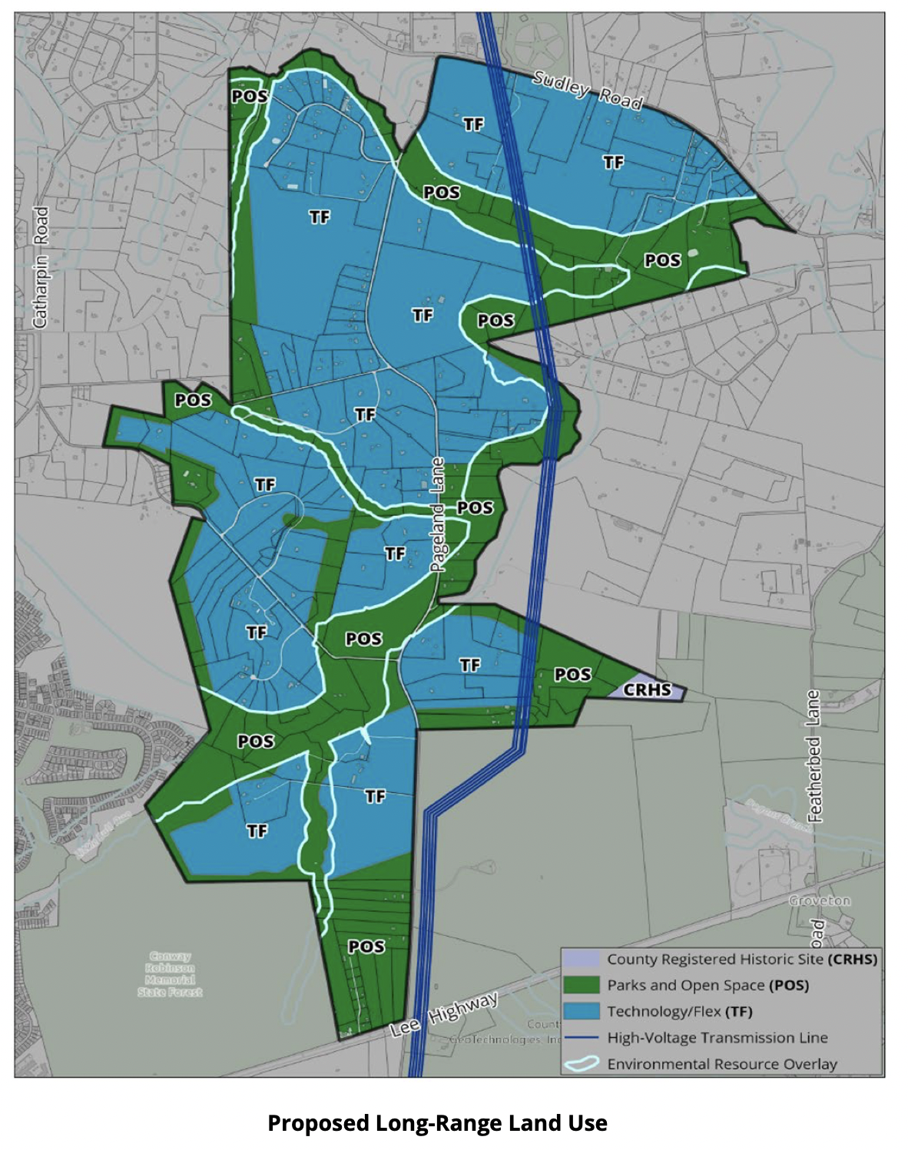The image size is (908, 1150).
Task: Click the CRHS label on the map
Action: click(x=647, y=689)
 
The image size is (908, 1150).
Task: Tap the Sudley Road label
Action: click(x=588, y=90)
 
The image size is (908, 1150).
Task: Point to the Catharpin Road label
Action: click(x=40, y=267)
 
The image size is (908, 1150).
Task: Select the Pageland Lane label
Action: click(x=437, y=514)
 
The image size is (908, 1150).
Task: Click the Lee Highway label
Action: click(x=444, y=1014)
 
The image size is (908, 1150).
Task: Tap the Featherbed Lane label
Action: click(x=814, y=756)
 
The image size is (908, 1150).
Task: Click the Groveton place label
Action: click(x=820, y=901)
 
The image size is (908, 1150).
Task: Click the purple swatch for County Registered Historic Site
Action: click(x=581, y=959)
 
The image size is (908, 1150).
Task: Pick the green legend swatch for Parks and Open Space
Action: click(x=581, y=985)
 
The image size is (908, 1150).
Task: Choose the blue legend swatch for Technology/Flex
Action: click(x=581, y=1011)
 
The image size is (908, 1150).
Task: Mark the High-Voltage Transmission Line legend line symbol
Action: click(x=581, y=1038)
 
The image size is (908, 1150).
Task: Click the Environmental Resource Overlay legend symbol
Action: click(x=581, y=1064)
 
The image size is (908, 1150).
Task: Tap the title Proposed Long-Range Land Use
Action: click(x=437, y=1123)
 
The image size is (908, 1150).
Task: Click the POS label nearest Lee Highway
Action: click(x=366, y=947)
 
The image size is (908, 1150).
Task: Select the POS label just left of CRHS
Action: click(x=573, y=674)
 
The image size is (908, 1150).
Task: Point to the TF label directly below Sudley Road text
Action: click(x=613, y=162)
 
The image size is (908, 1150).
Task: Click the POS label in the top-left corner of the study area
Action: click(x=250, y=96)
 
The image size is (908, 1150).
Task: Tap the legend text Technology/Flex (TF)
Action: click(x=680, y=1011)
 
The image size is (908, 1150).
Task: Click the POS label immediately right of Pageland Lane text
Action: click(x=475, y=507)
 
